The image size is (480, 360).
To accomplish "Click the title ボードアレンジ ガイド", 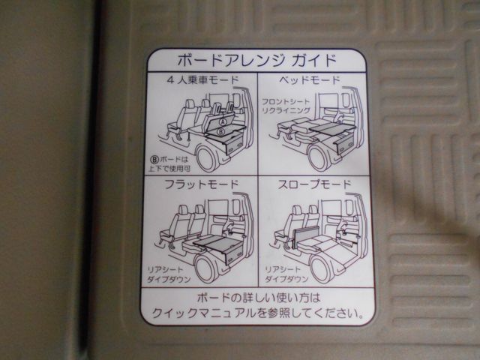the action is tap(256, 60).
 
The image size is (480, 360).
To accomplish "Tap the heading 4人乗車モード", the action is tap(202, 80).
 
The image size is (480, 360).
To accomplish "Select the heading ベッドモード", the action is tap(310, 80).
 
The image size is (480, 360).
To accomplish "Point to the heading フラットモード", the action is tap(202, 184).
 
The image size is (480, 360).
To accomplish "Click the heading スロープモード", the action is tap(314, 184).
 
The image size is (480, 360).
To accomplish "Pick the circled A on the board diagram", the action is tap(223, 121).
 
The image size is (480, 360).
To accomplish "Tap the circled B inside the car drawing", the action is tap(221, 132).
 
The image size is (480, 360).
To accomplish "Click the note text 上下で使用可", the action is tap(169, 168).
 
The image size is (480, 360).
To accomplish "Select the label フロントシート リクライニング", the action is tap(286, 106).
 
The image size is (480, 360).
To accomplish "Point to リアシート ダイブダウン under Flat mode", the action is tap(169, 274).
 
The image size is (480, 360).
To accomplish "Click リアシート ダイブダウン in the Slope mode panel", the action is tap(286, 274).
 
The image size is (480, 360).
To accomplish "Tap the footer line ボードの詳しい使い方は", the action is tap(258, 297).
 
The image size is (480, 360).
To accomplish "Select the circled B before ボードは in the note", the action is tap(154, 160).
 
